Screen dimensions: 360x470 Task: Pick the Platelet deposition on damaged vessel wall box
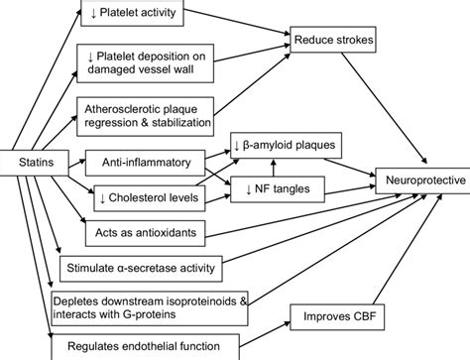pyautogui.click(x=151, y=62)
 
